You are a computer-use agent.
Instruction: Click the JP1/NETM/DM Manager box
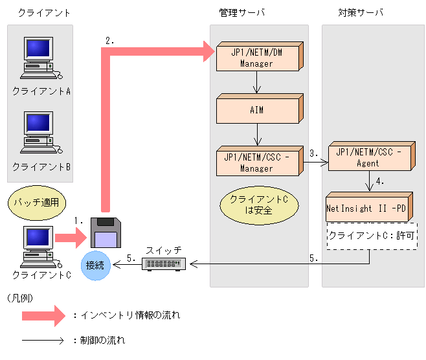[x=257, y=59]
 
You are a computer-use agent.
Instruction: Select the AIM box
[x=257, y=110]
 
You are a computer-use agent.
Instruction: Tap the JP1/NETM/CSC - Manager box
[x=257, y=163]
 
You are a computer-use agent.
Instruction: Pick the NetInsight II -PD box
[x=366, y=208]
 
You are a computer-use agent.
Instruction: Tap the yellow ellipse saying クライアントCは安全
[x=259, y=204]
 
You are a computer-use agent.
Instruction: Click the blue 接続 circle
[x=96, y=265]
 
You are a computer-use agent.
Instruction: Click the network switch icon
[x=164, y=264]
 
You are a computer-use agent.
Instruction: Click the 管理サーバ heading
[x=242, y=12]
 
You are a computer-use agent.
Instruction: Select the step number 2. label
[x=109, y=40]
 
